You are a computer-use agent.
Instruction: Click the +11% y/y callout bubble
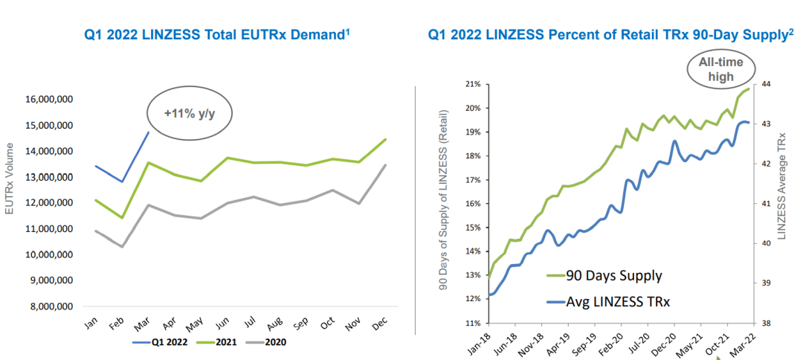188,113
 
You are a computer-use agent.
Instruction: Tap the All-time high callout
715,69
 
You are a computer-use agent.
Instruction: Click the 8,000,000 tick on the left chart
51,306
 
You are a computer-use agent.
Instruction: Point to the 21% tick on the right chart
472,84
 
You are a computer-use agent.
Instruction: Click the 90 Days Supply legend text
614,276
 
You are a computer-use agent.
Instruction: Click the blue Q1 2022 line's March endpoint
149,132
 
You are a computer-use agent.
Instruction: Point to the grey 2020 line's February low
121,246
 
